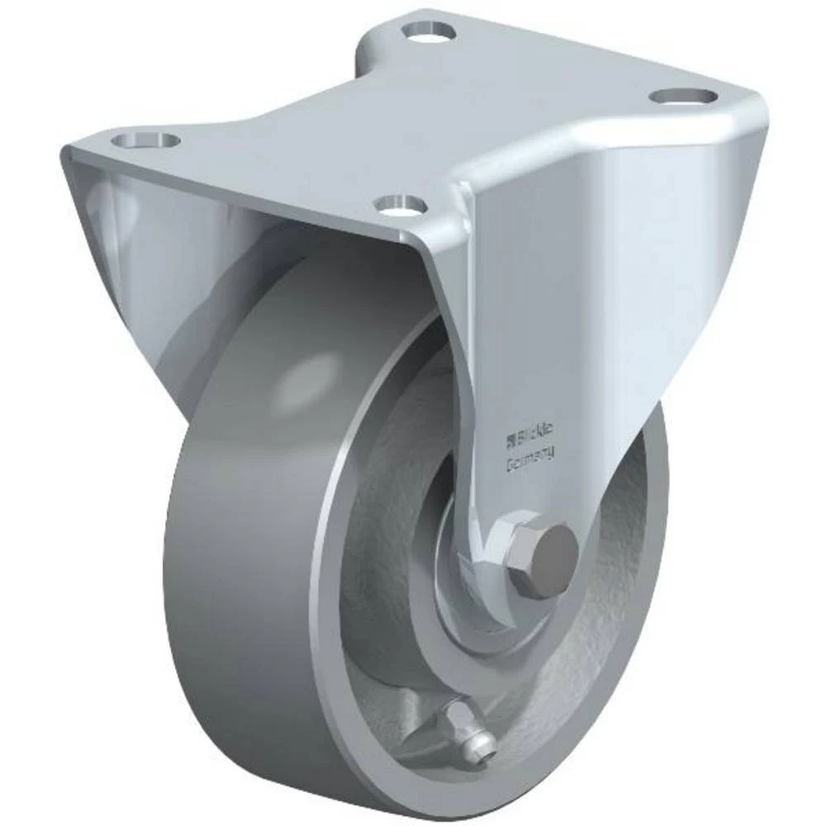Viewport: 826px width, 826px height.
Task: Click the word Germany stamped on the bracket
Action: [x=529, y=453]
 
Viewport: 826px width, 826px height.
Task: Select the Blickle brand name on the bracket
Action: [x=534, y=430]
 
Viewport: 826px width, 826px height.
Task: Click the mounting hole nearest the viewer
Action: [x=400, y=202]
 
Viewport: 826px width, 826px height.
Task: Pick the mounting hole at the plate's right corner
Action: [x=682, y=96]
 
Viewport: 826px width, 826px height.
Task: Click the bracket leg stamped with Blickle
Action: [x=562, y=330]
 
